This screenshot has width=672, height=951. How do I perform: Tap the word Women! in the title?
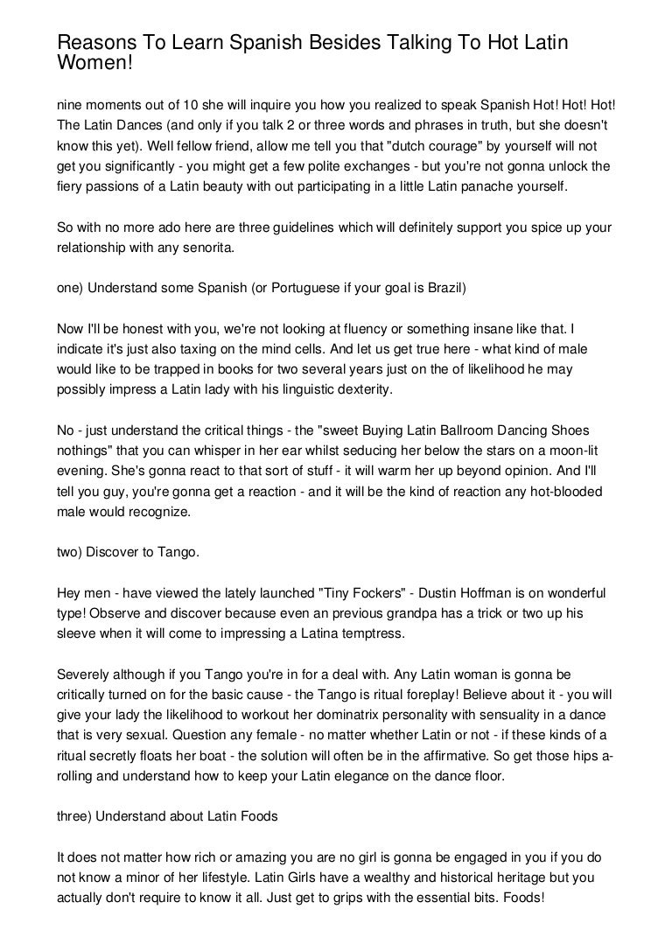tap(95, 66)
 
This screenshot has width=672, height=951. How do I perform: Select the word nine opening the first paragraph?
tap(71, 103)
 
